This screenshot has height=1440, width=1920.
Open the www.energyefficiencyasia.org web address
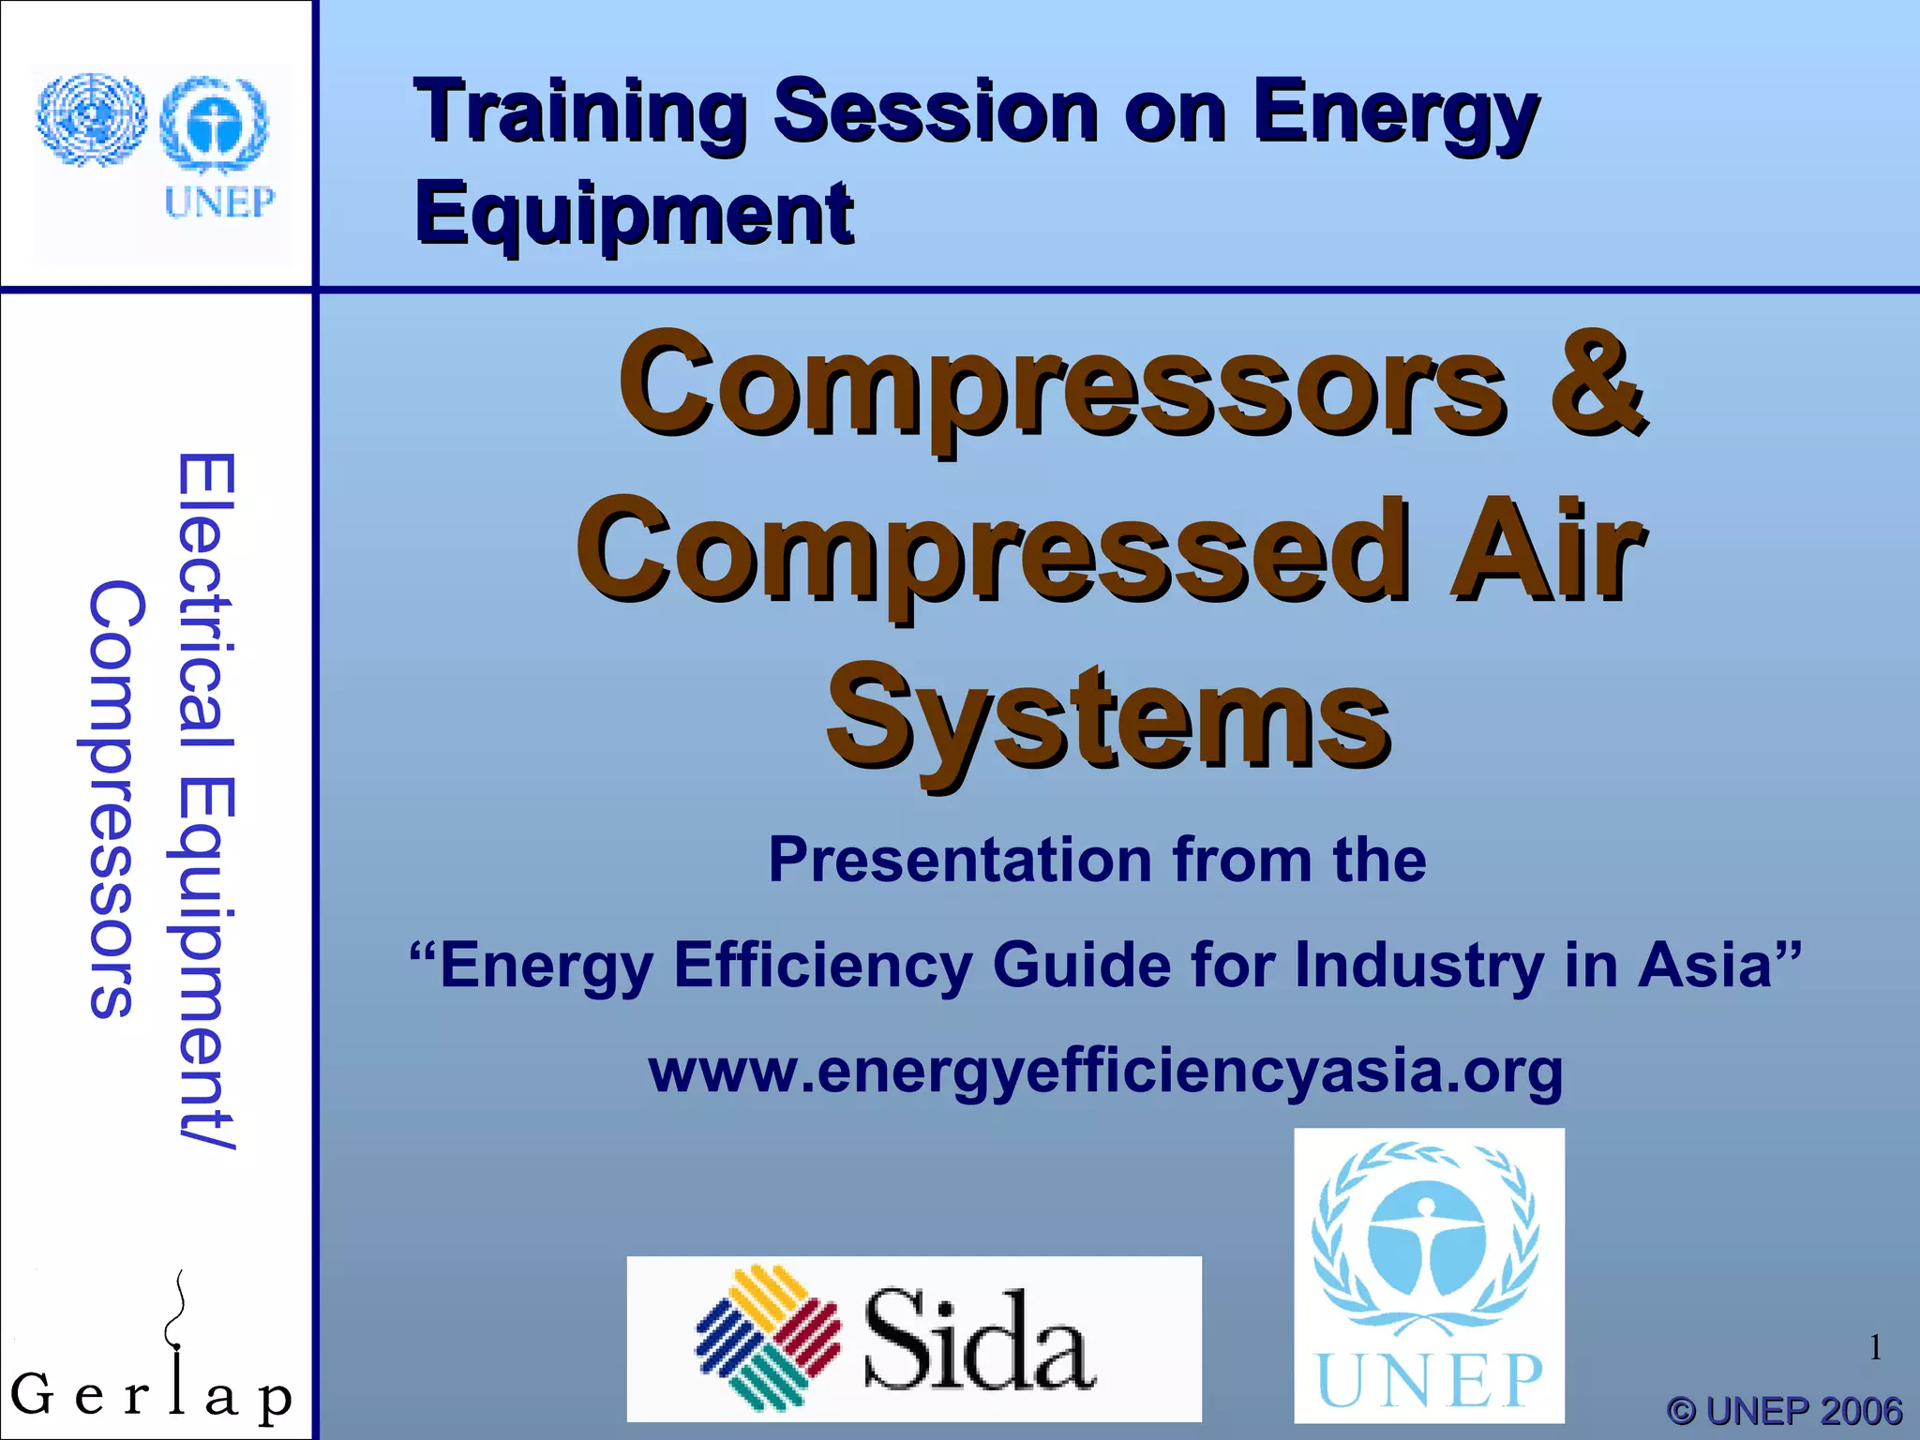pyautogui.click(x=1106, y=1071)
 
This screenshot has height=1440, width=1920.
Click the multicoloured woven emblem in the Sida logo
pyautogui.click(x=767, y=1338)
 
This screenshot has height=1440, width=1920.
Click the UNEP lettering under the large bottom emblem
pyautogui.click(x=1429, y=1381)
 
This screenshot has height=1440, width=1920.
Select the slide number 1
pyautogui.click(x=1874, y=1348)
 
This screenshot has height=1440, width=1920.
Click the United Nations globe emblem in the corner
pyautogui.click(x=91, y=119)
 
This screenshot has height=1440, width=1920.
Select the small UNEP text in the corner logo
pyautogui.click(x=219, y=202)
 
